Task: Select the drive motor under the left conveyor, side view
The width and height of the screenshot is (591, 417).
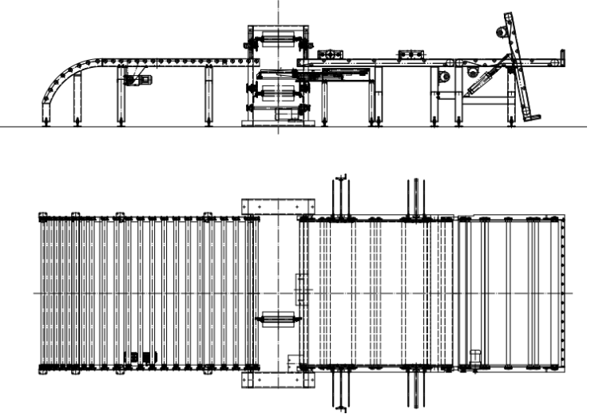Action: point(136,78)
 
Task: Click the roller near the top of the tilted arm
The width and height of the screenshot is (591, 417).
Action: point(501,33)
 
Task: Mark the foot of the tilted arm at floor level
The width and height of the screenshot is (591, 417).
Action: point(530,118)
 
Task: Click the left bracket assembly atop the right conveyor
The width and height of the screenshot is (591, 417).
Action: point(328,54)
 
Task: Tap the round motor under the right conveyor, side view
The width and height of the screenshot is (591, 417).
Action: point(444,77)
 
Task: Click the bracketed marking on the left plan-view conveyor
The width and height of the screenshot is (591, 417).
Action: point(143,356)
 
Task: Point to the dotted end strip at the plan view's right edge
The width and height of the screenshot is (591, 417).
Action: point(564,292)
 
